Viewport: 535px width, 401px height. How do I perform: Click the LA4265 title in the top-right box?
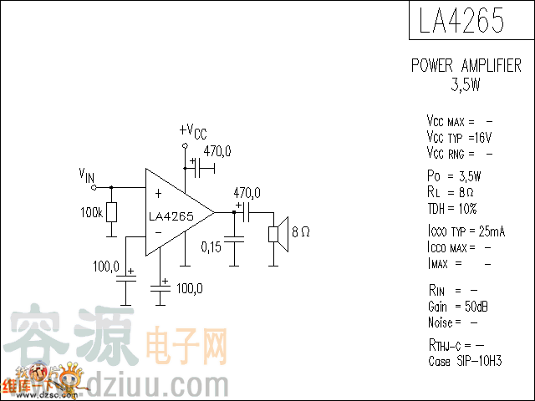[461, 21]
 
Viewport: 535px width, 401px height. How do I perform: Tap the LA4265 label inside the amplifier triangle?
[171, 216]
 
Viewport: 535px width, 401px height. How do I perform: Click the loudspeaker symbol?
[277, 233]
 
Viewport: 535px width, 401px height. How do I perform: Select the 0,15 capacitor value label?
[211, 246]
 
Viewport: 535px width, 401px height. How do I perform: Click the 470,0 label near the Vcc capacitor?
[217, 151]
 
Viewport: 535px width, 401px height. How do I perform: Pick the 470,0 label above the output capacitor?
[247, 193]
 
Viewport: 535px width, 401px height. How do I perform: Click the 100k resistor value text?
[92, 213]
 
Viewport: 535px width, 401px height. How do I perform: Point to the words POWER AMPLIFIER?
[466, 66]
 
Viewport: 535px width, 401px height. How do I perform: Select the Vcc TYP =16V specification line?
[459, 137]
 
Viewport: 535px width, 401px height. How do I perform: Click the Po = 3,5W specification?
[453, 176]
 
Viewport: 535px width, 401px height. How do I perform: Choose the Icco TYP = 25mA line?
[466, 231]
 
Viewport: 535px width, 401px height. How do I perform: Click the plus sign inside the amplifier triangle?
[159, 193]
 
